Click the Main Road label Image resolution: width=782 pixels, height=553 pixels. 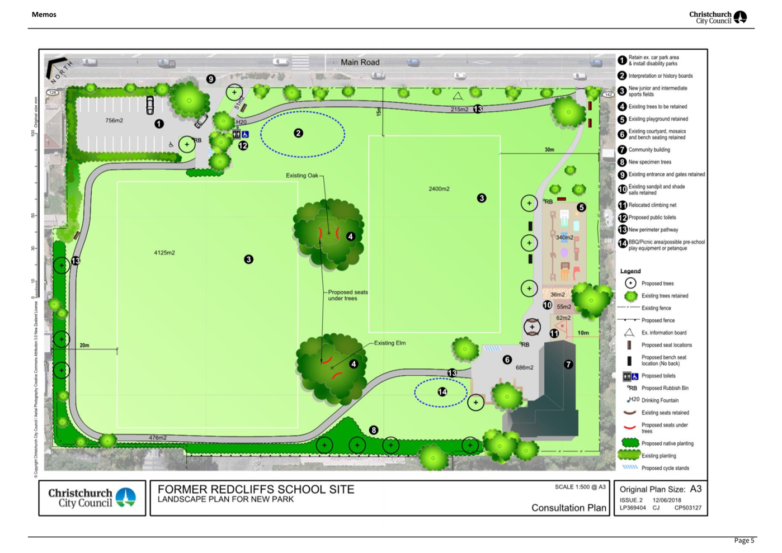coord(360,63)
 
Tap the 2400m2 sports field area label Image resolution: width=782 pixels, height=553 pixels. coord(439,189)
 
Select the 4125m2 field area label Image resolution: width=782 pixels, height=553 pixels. coord(164,253)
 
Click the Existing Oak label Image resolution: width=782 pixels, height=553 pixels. coord(302,176)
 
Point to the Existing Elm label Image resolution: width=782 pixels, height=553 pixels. coord(390,343)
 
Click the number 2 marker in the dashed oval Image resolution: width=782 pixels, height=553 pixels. coord(298,133)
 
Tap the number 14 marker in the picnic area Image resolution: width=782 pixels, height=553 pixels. coord(442,392)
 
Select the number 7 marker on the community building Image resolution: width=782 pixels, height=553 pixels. coord(568,365)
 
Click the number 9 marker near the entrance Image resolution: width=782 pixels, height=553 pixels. coord(211,79)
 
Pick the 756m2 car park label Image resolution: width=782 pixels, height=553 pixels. coord(114,121)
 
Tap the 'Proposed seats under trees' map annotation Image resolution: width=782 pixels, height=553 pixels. coord(347,295)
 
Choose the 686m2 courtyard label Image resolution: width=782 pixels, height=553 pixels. coord(524,368)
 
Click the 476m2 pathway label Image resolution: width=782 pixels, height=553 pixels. coord(158,438)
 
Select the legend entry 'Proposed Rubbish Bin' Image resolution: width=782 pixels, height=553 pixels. coord(665,388)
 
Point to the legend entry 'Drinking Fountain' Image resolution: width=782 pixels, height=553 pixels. coord(659,400)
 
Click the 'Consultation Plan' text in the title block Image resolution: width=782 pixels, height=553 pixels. coord(568,508)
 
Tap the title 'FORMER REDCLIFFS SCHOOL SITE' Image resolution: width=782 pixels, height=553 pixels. coord(256,489)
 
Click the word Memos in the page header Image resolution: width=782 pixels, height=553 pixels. coord(44,15)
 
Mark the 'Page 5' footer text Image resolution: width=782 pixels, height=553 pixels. coord(744,540)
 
